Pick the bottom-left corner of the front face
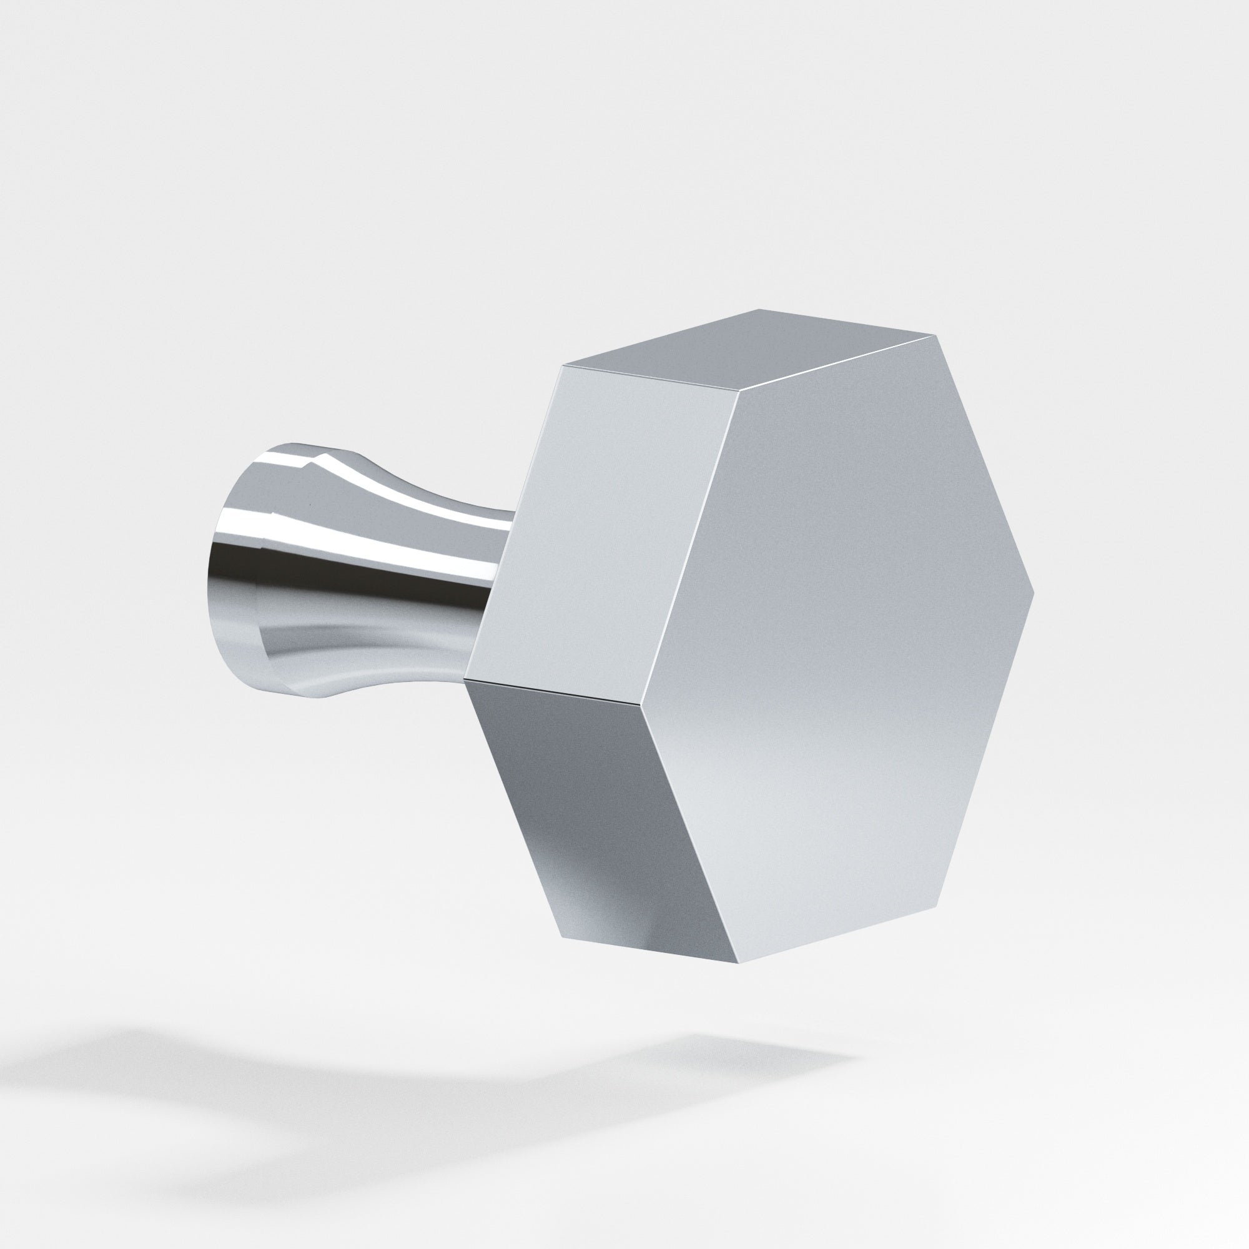(x=738, y=981)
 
